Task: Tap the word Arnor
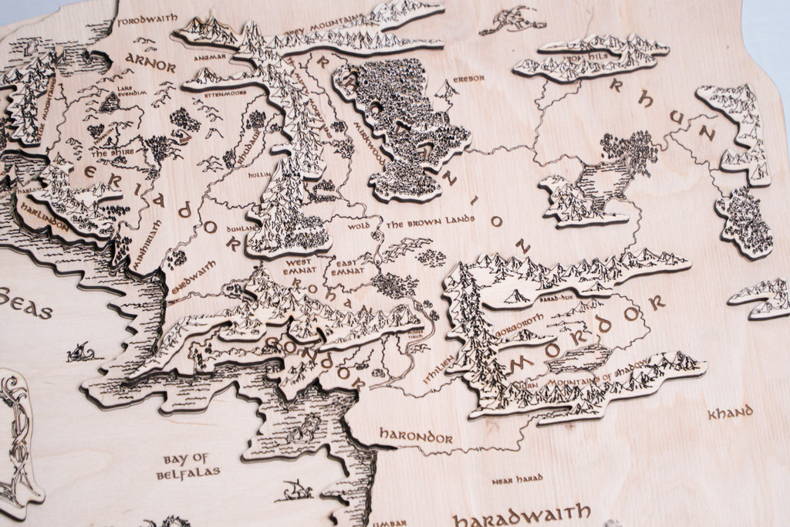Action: click(150, 62)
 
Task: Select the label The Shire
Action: click(108, 152)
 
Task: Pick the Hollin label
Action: click(255, 175)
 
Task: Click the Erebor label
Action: click(470, 79)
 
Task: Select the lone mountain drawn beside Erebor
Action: click(445, 92)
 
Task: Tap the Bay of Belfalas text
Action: click(188, 466)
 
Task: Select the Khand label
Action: click(730, 413)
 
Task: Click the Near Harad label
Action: click(517, 479)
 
